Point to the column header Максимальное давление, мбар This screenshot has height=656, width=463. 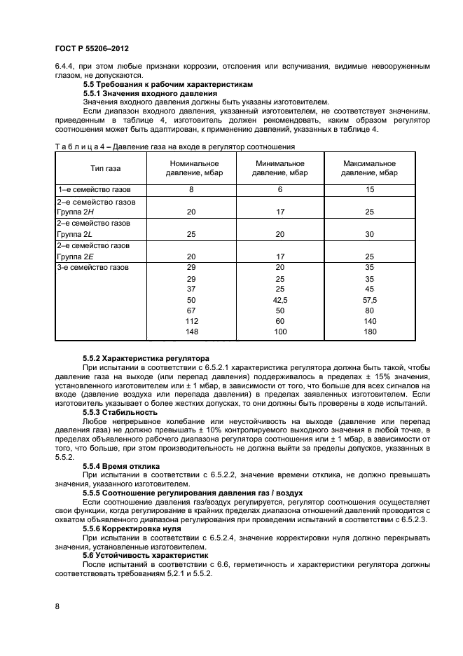(370, 168)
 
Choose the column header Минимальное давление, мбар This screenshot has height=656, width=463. (279, 168)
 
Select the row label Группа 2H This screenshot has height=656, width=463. (76, 211)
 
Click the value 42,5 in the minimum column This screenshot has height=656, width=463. (280, 299)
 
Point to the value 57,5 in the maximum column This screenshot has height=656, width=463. (369, 299)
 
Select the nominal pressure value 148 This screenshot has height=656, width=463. (191, 332)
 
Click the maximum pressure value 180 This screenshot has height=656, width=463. (369, 332)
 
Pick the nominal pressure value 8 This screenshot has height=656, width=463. (191, 190)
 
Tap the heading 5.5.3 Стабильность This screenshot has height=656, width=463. (121, 413)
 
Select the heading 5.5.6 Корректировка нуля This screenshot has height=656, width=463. (132, 528)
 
